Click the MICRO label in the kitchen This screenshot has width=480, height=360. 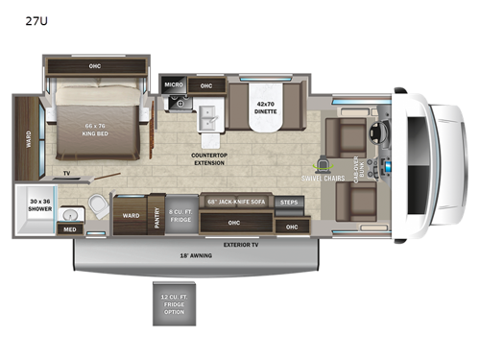coord(172,85)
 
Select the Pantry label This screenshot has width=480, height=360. coord(156,217)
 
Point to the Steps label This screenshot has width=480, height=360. coord(289,203)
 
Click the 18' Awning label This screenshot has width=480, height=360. coord(197,256)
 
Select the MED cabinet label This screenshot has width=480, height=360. coord(69,229)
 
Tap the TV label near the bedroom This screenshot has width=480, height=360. coord(66,173)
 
